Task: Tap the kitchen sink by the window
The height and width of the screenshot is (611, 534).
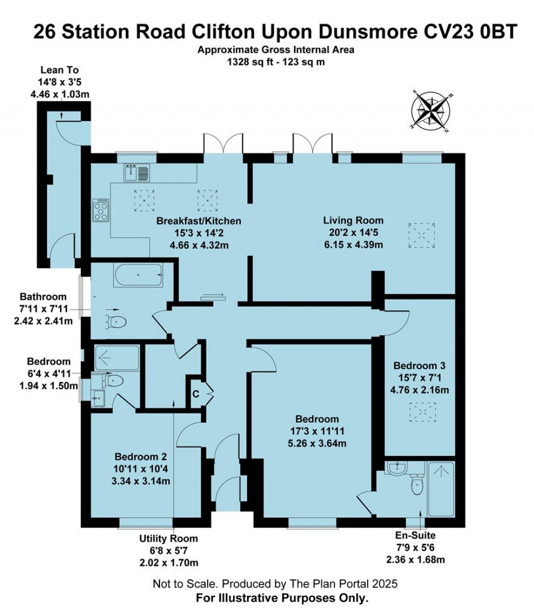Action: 137,172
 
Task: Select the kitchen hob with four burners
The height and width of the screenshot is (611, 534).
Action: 101,210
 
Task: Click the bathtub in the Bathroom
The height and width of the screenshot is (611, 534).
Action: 138,275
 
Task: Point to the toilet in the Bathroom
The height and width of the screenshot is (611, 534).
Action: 116,321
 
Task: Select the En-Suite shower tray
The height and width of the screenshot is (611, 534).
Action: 441,489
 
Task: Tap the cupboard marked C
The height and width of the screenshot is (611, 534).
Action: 197,394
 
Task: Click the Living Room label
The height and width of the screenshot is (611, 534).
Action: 353,220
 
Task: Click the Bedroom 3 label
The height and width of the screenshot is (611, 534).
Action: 419,365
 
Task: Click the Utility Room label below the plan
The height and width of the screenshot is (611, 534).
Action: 168,538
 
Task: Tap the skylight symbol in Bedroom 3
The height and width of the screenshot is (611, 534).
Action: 422,412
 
